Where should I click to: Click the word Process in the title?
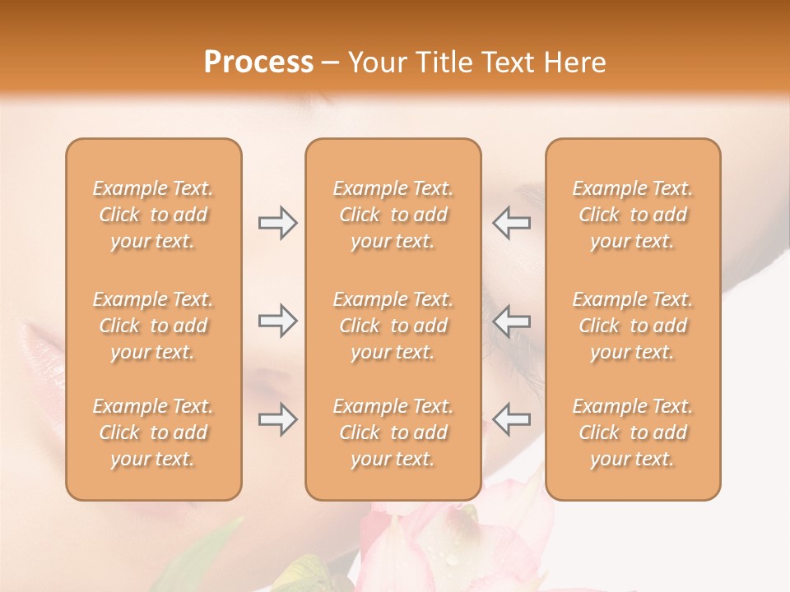click(x=258, y=62)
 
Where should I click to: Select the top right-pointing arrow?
click(x=277, y=223)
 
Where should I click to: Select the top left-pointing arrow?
click(x=511, y=223)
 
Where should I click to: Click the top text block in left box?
click(x=153, y=215)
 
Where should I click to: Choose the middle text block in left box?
click(x=153, y=326)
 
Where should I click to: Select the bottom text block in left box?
click(x=153, y=432)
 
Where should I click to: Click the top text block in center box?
click(x=393, y=215)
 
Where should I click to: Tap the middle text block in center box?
click(x=393, y=326)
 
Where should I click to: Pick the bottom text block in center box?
click(x=393, y=432)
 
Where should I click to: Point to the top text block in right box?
click(x=633, y=215)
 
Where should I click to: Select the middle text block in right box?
click(x=633, y=326)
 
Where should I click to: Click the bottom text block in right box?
click(x=633, y=432)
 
